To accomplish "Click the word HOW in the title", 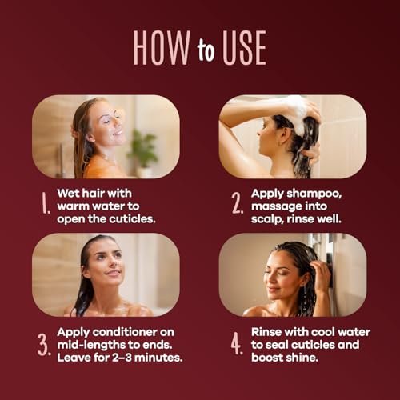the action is pyautogui.click(x=162, y=48).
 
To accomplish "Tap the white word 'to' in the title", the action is pyautogui.click(x=206, y=50).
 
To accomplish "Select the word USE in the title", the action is pyautogui.click(x=244, y=48).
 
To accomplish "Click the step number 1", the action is pyautogui.click(x=46, y=203).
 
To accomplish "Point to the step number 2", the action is pyautogui.click(x=237, y=203).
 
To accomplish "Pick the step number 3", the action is pyautogui.click(x=44, y=345).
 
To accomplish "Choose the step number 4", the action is pyautogui.click(x=237, y=344).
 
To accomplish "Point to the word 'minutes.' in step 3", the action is pyautogui.click(x=158, y=358).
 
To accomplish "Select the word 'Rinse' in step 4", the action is pyautogui.click(x=266, y=332).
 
